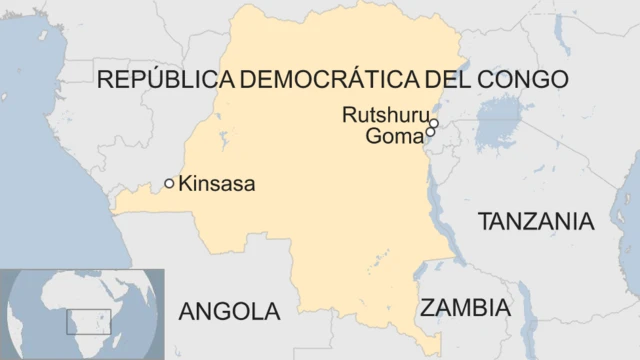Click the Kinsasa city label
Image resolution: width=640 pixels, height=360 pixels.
[217, 184]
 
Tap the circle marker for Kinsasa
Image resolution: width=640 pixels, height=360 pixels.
[170, 183]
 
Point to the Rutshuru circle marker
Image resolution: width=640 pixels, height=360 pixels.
[434, 123]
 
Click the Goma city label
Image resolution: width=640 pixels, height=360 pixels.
[394, 135]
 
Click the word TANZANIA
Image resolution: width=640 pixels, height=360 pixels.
[536, 221]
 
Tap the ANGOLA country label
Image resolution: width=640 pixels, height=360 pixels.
[229, 311]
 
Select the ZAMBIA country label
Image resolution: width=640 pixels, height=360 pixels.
[465, 307]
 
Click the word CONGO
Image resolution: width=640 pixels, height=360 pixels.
[521, 80]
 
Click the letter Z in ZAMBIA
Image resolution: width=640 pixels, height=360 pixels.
[427, 307]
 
